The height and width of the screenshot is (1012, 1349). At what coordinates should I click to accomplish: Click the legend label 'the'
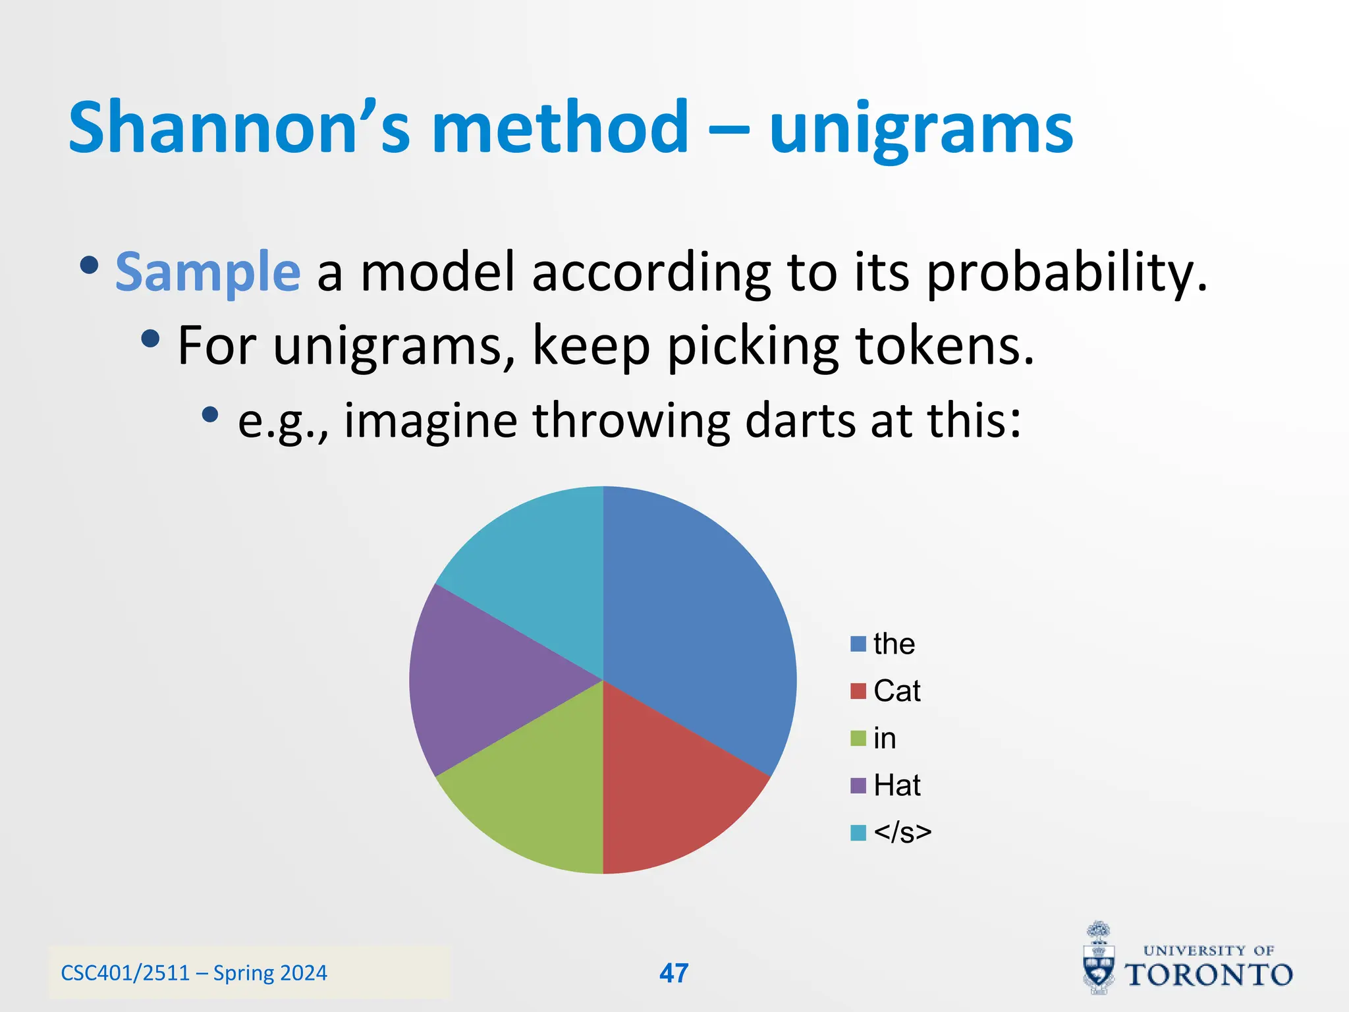(x=894, y=644)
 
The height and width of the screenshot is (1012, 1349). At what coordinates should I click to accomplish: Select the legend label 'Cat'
(x=896, y=691)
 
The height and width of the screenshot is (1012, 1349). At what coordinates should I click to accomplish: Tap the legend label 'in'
(x=885, y=739)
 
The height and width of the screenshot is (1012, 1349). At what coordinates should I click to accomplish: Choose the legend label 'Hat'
(x=896, y=785)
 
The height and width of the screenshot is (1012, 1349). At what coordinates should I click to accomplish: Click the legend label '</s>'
(x=902, y=833)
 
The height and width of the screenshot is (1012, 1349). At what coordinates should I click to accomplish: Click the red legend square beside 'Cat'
(x=858, y=691)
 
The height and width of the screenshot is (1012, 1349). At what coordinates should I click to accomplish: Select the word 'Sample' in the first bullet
(x=207, y=272)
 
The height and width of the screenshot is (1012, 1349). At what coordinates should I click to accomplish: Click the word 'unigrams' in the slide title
(x=921, y=128)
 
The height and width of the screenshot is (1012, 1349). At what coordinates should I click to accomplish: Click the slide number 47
(x=674, y=973)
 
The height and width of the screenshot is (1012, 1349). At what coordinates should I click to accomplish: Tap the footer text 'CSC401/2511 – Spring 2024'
(x=194, y=973)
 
